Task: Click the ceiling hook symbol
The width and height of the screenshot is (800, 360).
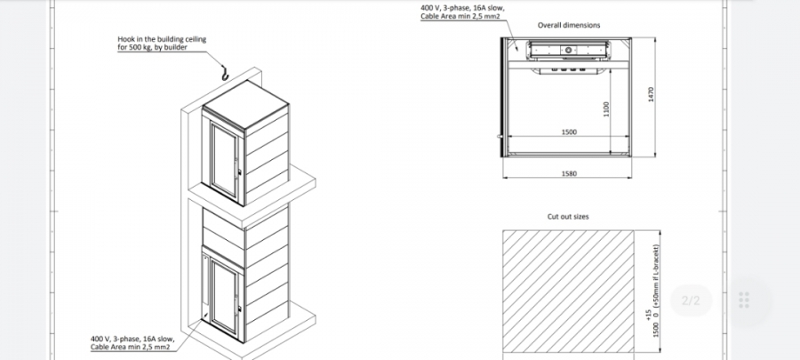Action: (225, 74)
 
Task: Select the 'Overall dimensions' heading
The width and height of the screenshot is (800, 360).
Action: (569, 25)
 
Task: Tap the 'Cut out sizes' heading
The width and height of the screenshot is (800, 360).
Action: (568, 217)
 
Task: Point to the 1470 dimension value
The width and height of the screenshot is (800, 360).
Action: (651, 94)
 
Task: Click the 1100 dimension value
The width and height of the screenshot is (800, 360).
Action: (606, 108)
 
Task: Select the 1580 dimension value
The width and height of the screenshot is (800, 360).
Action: (569, 173)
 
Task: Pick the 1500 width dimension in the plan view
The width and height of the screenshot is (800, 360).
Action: (569, 132)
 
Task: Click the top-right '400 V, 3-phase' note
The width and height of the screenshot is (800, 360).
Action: (462, 12)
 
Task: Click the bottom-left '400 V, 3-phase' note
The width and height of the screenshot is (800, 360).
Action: (132, 342)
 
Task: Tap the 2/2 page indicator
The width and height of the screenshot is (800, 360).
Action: (691, 300)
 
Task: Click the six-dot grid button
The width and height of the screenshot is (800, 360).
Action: (744, 300)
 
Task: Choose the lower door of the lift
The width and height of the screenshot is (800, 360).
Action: (225, 297)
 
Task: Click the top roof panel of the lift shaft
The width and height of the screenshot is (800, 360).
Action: (245, 105)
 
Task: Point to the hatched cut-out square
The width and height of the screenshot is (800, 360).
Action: (568, 292)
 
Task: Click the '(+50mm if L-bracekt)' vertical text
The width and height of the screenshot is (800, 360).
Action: (656, 276)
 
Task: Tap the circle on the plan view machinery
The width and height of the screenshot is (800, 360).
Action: (567, 50)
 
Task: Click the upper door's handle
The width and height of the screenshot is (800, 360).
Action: (236, 167)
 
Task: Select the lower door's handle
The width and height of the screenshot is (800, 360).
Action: (236, 306)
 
